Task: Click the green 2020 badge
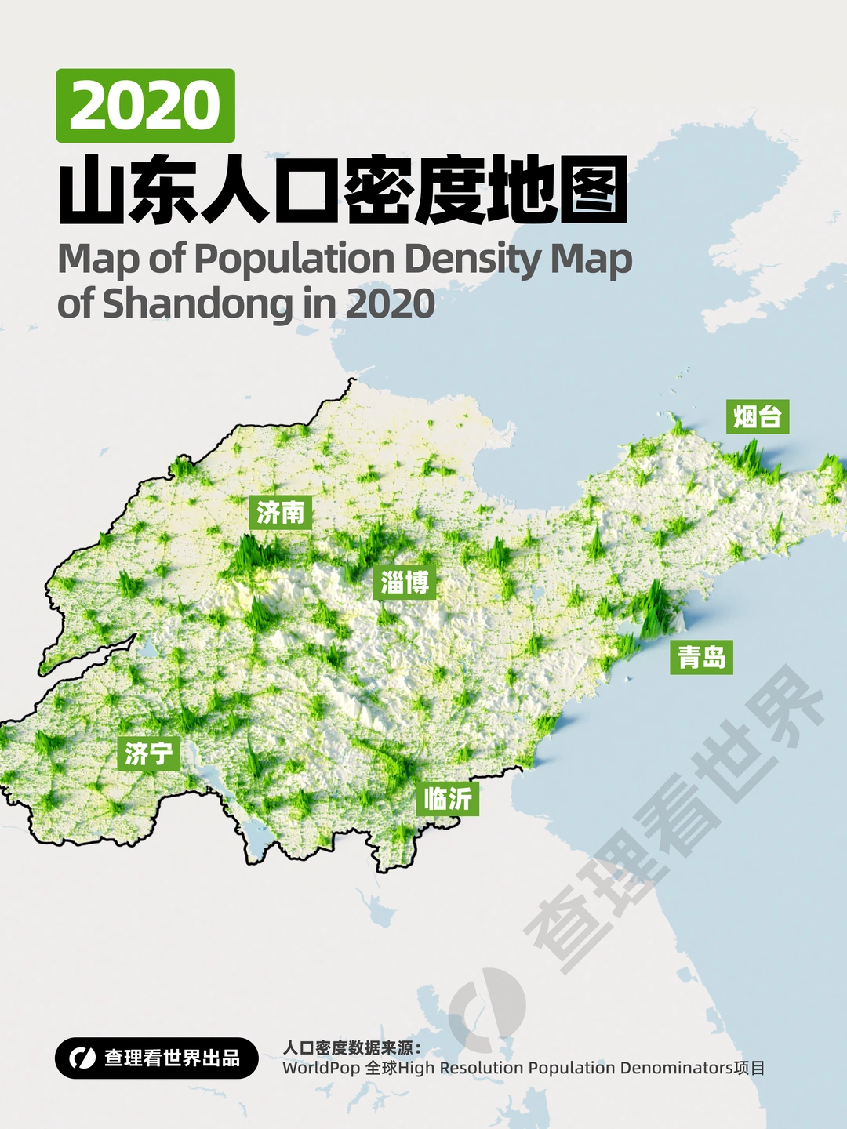(x=145, y=106)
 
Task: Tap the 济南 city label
(x=280, y=513)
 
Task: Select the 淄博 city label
(x=405, y=583)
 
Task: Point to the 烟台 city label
(x=757, y=416)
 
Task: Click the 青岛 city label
(x=701, y=657)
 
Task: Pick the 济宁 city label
(x=148, y=753)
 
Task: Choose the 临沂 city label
(x=447, y=799)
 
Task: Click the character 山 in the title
(x=93, y=191)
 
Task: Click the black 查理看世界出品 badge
(x=157, y=1058)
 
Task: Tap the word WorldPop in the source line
(x=322, y=1068)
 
